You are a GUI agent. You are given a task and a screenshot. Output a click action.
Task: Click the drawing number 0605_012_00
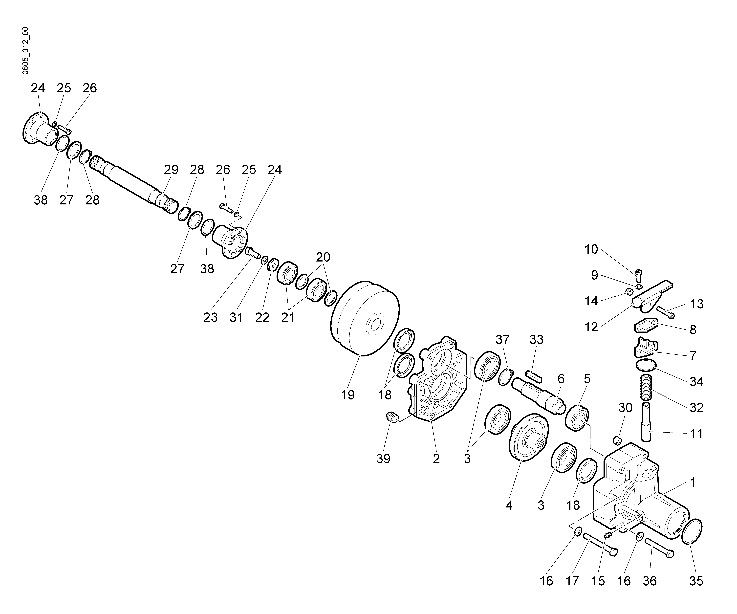25,51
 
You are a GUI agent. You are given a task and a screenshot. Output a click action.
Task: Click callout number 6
561,379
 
